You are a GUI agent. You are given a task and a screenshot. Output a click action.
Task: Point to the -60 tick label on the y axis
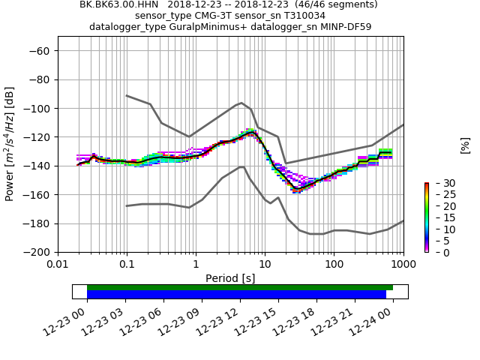[x=38, y=51]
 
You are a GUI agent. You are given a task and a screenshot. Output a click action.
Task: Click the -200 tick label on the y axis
[x=35, y=252]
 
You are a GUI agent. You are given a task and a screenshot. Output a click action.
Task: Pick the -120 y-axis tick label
[x=35, y=137]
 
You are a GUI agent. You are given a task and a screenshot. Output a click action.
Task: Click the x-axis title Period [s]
[x=230, y=278]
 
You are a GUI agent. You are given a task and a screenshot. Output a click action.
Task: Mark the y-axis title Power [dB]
[x=10, y=143]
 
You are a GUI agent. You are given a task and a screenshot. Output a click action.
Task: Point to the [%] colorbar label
[x=465, y=145]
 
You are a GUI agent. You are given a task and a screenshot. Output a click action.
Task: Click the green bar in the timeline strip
[x=240, y=287]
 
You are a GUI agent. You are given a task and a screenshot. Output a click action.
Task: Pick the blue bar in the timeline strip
[x=236, y=295]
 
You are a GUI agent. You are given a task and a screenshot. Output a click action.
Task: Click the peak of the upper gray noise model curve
[x=241, y=103]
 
